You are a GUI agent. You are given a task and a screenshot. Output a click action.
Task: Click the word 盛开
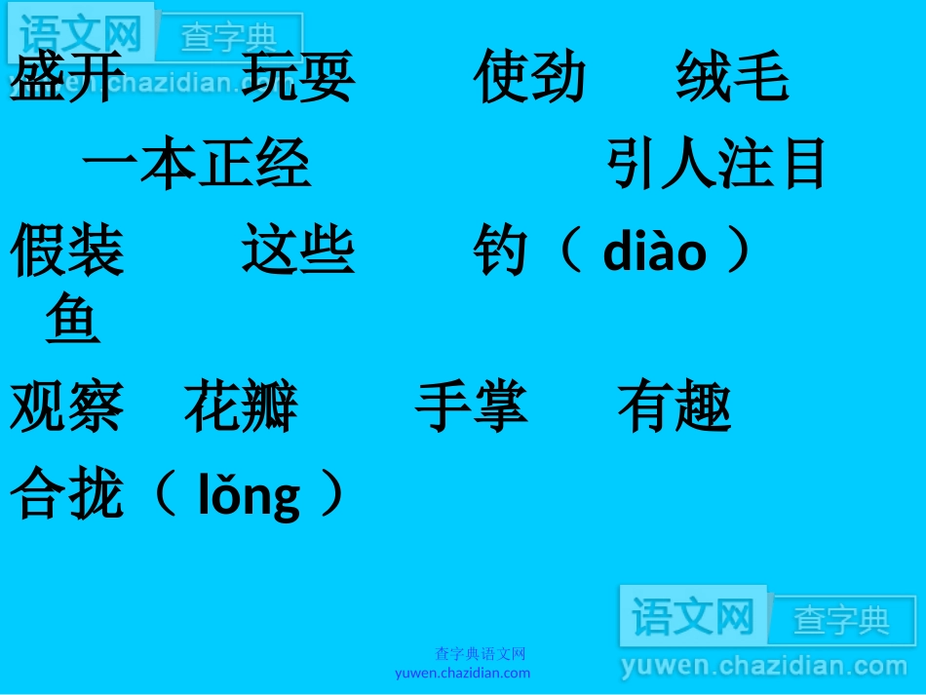pyautogui.click(x=67, y=78)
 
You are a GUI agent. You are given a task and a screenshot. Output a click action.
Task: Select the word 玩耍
pyautogui.click(x=298, y=78)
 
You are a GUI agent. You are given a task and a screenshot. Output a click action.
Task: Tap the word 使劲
pyautogui.click(x=530, y=78)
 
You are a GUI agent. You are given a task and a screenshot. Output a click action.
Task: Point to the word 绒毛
pyautogui.click(x=732, y=78)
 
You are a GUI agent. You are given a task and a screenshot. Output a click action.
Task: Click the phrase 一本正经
pyautogui.click(x=196, y=163)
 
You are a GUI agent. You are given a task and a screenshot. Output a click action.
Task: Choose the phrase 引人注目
pyautogui.click(x=716, y=163)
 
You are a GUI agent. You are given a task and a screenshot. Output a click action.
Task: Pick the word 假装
pyautogui.click(x=67, y=250)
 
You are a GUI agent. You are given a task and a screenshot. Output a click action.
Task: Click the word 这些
pyautogui.click(x=298, y=250)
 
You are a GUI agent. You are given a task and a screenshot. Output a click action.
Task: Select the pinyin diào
pyautogui.click(x=655, y=251)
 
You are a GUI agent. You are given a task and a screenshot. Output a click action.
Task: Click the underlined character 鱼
pyautogui.click(x=73, y=322)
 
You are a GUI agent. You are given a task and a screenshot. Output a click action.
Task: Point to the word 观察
pyautogui.click(x=67, y=406)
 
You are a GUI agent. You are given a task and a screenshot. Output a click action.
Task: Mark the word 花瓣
pyautogui.click(x=241, y=406)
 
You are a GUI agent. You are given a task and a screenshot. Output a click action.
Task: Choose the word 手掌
pyautogui.click(x=472, y=406)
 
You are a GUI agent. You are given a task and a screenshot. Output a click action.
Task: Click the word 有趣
pyautogui.click(x=675, y=406)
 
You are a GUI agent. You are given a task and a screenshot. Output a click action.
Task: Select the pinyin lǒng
pyautogui.click(x=250, y=496)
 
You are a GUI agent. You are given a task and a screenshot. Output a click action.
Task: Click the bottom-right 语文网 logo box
pyautogui.click(x=693, y=616)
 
